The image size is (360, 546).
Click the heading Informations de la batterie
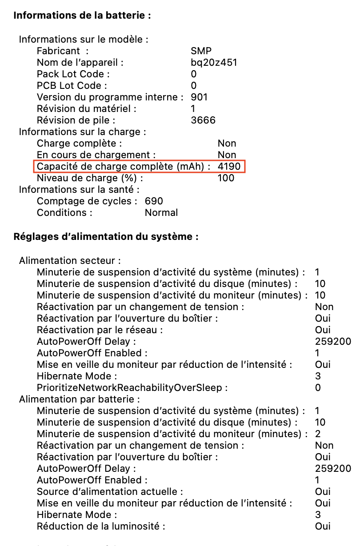[82, 16]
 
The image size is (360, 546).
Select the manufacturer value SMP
[201, 51]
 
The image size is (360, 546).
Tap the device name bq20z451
[214, 63]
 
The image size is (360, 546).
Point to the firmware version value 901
[199, 97]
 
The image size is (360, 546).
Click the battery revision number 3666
[203, 120]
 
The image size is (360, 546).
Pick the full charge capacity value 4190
[229, 167]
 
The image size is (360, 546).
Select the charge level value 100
[226, 178]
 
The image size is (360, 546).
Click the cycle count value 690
[154, 201]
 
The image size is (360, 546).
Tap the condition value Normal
[161, 213]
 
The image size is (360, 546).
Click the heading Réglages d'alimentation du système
[106, 236]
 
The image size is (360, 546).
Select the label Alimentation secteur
[70, 261]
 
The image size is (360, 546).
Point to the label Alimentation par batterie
[80, 399]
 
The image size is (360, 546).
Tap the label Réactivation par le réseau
[100, 330]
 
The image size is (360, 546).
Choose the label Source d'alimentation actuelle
[110, 492]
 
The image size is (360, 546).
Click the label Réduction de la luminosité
[101, 526]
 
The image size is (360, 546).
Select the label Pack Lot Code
[73, 74]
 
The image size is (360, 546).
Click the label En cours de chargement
[96, 155]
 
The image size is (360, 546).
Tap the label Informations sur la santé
[79, 190]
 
